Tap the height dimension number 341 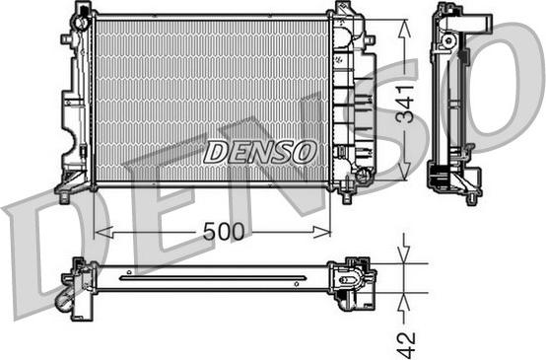point(403,101)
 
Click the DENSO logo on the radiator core point(260,151)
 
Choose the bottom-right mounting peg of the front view point(346,194)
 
